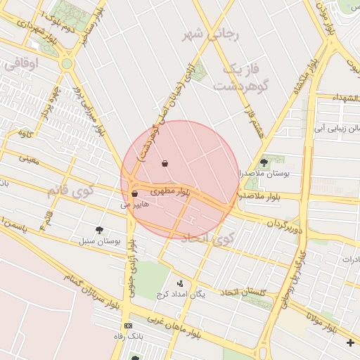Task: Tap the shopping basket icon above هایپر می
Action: [x=134, y=193]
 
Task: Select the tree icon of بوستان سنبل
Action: [x=99, y=229]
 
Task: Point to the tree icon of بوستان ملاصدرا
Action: [x=264, y=162]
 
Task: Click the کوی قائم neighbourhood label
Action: [x=69, y=190]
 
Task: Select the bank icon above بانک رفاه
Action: [x=127, y=326]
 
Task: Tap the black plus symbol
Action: [x=351, y=342]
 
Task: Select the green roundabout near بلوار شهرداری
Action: [x=67, y=64]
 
